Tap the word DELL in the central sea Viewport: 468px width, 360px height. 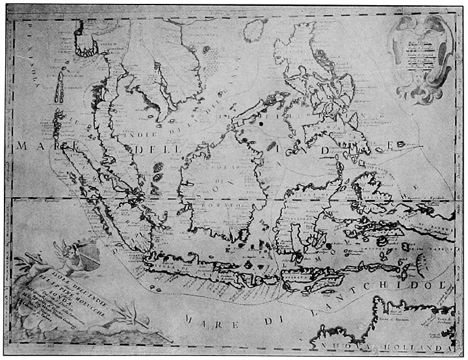click(151, 149)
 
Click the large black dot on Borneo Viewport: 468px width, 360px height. click(261, 122)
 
